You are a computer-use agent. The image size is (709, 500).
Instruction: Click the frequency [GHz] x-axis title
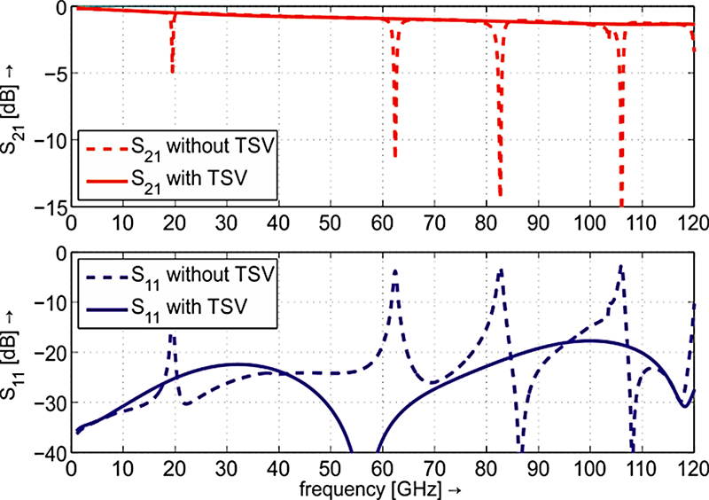point(382,489)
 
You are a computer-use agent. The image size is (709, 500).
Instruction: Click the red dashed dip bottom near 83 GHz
point(501,195)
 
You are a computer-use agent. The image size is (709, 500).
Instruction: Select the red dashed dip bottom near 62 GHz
point(395,157)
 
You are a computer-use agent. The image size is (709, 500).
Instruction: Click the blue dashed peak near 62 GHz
point(395,271)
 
